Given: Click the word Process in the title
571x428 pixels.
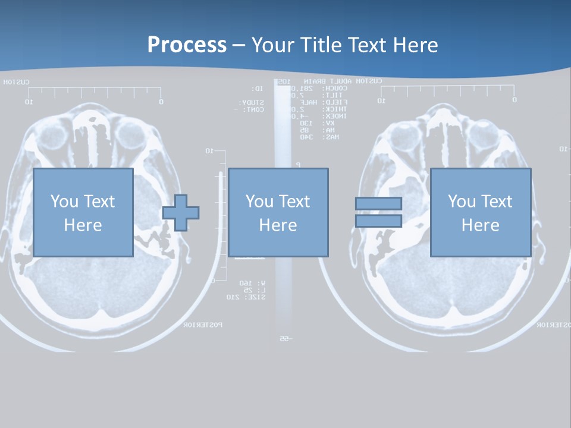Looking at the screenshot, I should point(187,45).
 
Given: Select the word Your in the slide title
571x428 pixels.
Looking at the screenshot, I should point(272,45).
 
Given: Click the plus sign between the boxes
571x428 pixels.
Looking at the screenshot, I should point(181,213).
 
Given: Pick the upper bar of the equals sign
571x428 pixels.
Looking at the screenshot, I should point(378,203).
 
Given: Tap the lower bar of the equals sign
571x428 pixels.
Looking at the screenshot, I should point(378,221).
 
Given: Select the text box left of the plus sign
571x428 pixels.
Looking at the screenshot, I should point(83,212).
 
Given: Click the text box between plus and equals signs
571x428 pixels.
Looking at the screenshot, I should point(278,212).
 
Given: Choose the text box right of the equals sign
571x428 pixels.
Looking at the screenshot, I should point(480,212).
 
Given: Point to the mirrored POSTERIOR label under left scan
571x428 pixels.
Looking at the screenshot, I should point(203,325).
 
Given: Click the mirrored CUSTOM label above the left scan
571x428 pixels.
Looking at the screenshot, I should point(16,82).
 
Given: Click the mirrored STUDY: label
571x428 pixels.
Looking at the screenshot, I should point(253,103).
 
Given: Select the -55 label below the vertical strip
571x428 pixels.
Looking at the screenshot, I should point(284,339).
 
